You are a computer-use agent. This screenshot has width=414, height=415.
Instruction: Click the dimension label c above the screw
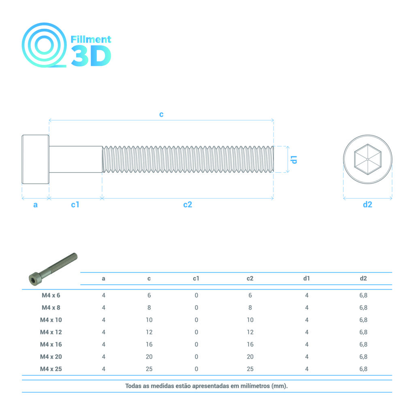161,114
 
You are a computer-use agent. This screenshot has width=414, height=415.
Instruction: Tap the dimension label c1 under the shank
75,204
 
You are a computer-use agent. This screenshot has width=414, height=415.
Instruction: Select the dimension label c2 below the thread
188,204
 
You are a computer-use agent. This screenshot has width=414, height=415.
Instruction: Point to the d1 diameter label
294,160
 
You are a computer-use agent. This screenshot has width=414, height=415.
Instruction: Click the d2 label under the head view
367,204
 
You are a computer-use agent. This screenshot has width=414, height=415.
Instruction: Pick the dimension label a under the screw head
36,205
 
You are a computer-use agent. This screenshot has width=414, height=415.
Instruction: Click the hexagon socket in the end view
368,159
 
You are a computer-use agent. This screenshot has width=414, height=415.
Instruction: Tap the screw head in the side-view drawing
36,159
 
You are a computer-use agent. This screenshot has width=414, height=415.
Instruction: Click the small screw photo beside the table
53,269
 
